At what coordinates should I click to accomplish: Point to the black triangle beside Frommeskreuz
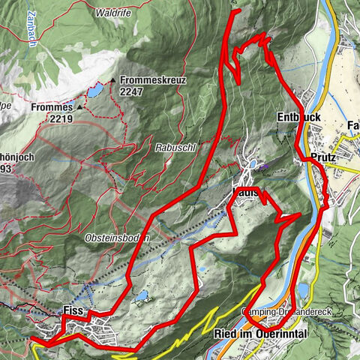pyautogui.click(x=113, y=79)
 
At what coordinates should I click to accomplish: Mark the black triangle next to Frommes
pyautogui.click(x=77, y=107)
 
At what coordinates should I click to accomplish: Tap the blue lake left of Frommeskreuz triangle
pyautogui.click(x=96, y=91)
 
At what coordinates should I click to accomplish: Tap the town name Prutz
pyautogui.click(x=324, y=158)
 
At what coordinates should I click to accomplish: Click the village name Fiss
pyautogui.click(x=72, y=310)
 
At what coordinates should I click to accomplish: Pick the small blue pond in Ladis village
pyautogui.click(x=253, y=163)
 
